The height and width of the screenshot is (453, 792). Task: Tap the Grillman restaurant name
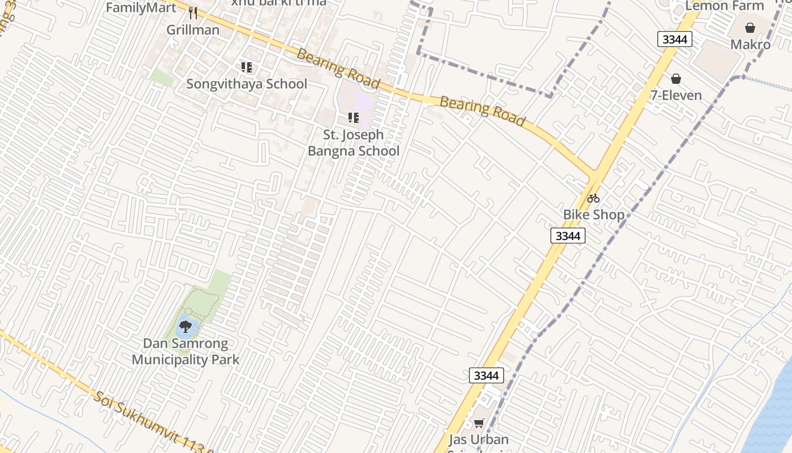193,29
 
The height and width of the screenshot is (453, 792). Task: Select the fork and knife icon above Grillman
193,13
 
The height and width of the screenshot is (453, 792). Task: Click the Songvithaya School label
247,84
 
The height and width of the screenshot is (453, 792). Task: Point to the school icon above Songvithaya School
247,67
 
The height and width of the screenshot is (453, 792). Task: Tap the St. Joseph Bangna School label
354,143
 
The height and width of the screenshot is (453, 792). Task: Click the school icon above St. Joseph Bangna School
354,118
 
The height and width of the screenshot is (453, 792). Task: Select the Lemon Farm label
725,6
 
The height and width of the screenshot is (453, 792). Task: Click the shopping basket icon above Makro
750,28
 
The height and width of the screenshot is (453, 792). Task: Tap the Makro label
750,44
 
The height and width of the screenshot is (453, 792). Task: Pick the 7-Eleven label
676,95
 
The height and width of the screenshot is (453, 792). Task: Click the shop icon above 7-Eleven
676,79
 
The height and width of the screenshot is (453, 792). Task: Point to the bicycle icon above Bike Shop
593,198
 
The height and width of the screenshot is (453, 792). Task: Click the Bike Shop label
593,215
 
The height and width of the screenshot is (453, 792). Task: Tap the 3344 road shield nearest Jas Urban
486,375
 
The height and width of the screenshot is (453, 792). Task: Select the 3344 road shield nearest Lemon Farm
675,39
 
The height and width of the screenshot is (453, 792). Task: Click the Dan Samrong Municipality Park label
186,351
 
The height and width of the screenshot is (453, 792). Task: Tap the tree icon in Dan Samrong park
185,326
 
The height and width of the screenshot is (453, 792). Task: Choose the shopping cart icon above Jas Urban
479,423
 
